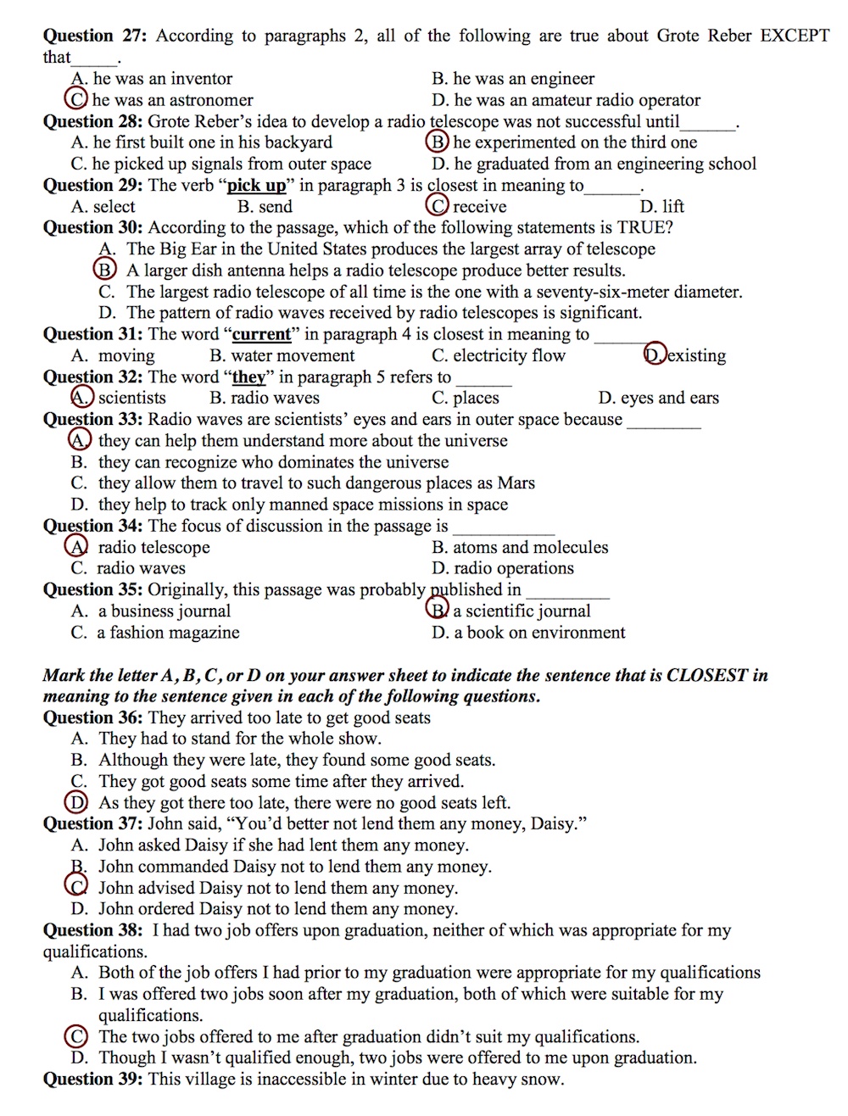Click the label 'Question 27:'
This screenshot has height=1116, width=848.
(96, 36)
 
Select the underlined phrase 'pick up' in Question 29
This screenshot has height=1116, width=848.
(257, 185)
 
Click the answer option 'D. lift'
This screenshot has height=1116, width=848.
(661, 206)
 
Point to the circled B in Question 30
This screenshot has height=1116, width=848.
(104, 270)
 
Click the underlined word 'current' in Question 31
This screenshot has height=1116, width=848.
(262, 334)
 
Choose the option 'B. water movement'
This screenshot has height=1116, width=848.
(282, 355)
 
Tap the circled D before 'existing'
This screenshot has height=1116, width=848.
(655, 354)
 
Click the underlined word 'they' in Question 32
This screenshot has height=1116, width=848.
(248, 377)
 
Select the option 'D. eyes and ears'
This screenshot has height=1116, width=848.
(658, 398)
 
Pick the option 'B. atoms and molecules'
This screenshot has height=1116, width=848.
(520, 547)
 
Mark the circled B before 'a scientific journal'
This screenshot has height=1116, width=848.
(438, 610)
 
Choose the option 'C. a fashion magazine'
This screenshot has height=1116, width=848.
(155, 632)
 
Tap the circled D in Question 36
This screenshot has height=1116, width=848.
(76, 802)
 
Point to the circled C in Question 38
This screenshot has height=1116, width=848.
(76, 1036)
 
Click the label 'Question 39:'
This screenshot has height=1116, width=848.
(93, 1079)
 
